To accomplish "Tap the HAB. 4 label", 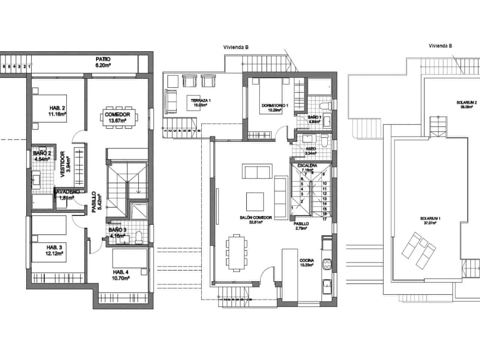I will [x=121, y=272].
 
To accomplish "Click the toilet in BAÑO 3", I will [x=139, y=236].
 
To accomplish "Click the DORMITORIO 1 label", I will [x=274, y=105].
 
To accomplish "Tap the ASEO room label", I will [x=311, y=148].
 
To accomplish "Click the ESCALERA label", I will [x=307, y=165].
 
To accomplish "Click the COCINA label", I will [x=306, y=261].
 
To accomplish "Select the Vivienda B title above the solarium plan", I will [x=440, y=46].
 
